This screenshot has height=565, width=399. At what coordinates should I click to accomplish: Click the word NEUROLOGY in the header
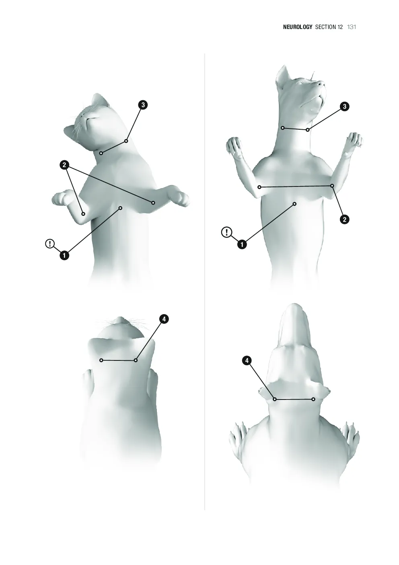click(298, 27)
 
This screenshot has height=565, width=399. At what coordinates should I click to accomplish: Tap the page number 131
click(352, 27)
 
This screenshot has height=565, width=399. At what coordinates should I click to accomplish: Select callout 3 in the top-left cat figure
click(143, 105)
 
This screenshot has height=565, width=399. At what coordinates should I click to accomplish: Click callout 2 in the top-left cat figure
click(64, 165)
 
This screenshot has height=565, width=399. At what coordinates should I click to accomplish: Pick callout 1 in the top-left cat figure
click(64, 255)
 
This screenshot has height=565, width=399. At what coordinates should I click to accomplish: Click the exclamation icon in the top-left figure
click(50, 244)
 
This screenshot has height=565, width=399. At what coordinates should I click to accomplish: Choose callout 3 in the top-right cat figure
click(345, 106)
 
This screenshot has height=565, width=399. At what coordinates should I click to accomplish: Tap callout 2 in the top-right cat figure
click(345, 219)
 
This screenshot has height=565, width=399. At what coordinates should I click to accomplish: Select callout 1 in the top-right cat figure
click(242, 244)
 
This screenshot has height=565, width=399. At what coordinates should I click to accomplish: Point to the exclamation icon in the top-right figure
click(227, 232)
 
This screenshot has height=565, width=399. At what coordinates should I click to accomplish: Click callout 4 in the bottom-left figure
click(164, 319)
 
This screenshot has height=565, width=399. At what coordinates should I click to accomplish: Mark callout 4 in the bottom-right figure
click(247, 361)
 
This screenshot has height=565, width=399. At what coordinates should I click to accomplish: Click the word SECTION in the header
click(329, 27)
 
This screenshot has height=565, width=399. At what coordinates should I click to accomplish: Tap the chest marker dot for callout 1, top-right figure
click(295, 204)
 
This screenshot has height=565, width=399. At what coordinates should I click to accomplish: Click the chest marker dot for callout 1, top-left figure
click(120, 208)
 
